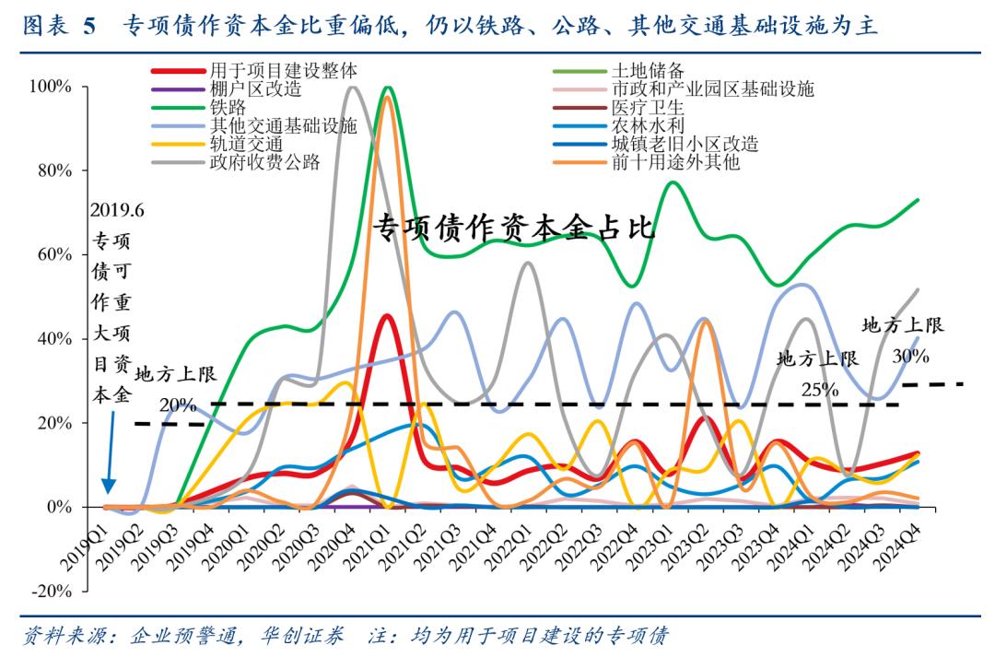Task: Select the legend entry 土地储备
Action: [x=649, y=70]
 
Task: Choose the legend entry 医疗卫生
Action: [x=649, y=108]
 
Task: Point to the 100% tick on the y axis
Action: [x=51, y=87]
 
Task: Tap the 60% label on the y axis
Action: [x=53, y=255]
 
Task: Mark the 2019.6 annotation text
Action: [x=117, y=211]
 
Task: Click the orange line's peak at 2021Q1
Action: [x=388, y=97]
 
